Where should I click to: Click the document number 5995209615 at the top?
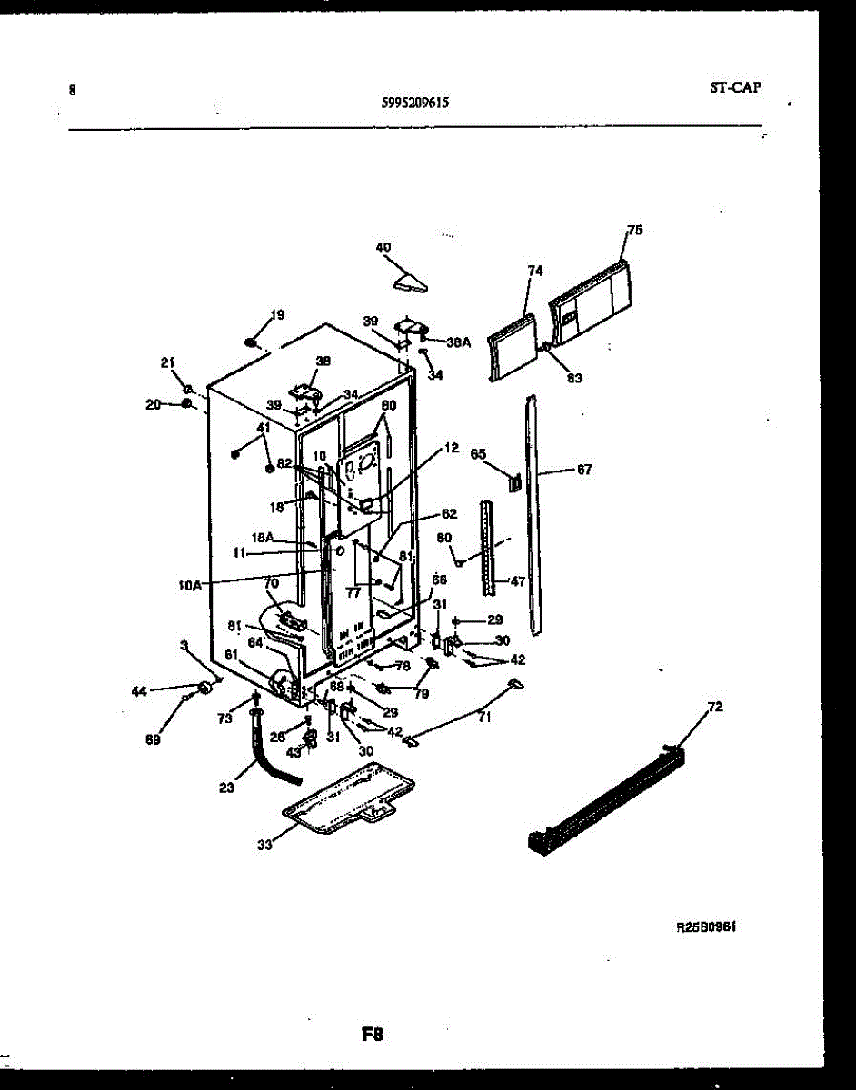(413, 104)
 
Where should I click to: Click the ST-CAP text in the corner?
(735, 88)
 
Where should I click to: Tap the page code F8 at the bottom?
(373, 1034)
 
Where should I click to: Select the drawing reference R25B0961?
(705, 928)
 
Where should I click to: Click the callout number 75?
(634, 231)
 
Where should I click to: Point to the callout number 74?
(534, 270)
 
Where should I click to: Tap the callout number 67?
(583, 470)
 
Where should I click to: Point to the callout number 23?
(226, 788)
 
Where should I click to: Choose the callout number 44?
(139, 691)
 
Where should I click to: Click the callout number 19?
(277, 315)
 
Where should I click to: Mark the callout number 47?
(517, 580)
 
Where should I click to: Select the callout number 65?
(478, 452)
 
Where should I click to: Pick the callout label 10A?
(191, 586)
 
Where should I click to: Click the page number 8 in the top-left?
(72, 90)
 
